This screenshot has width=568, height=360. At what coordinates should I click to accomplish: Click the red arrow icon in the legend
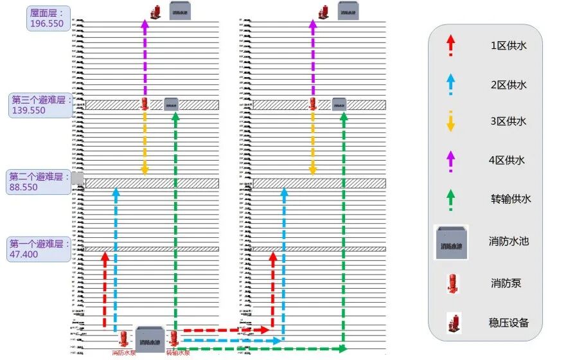(x=450, y=45)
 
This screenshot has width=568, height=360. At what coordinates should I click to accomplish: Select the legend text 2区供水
(x=508, y=84)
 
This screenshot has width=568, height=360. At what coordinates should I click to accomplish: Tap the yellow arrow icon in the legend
(x=450, y=121)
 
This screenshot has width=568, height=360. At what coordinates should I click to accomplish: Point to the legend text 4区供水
(x=508, y=159)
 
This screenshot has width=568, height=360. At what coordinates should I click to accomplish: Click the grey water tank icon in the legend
(x=451, y=242)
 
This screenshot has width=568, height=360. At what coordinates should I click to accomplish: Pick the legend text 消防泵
(x=504, y=282)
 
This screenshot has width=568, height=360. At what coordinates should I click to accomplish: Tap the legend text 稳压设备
(x=509, y=321)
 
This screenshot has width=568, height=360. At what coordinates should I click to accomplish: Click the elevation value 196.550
(x=47, y=23)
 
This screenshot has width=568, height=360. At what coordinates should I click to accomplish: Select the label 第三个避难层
(x=40, y=99)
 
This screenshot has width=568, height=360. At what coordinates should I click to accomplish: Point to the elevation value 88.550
(x=24, y=187)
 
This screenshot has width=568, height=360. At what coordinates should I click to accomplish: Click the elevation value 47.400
(x=24, y=255)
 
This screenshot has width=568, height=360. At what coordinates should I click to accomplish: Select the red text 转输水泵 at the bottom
(x=177, y=353)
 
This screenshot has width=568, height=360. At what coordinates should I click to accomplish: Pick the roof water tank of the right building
(x=349, y=11)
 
